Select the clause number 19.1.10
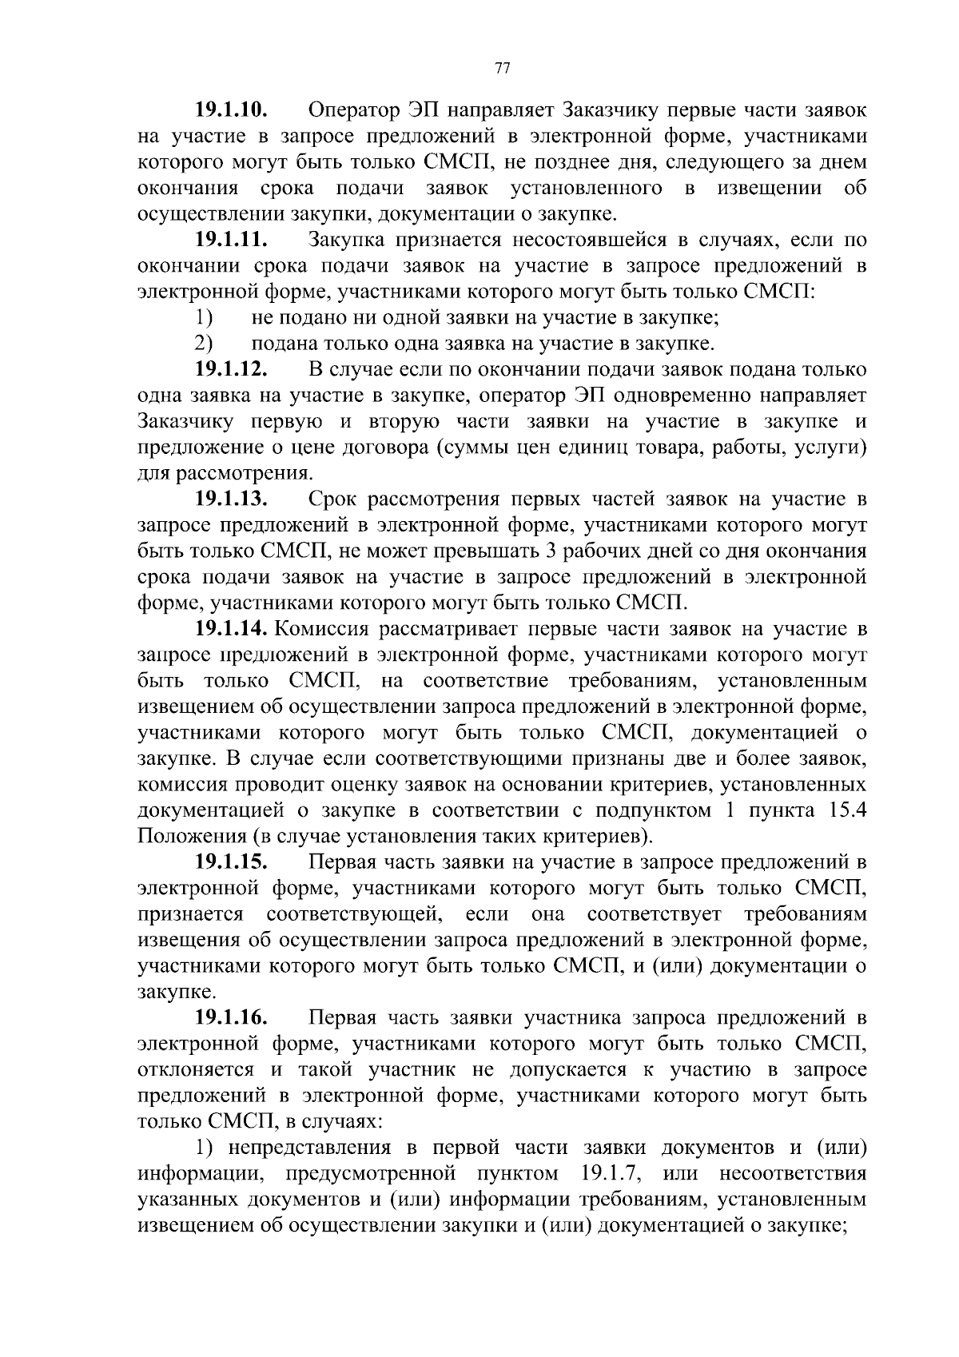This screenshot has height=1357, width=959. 230,110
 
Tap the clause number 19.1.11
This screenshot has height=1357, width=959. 230,240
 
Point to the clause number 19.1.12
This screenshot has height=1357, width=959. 230,370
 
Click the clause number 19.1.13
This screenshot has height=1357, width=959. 230,499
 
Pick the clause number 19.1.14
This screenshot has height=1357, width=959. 233,629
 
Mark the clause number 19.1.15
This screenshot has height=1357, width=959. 230,862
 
